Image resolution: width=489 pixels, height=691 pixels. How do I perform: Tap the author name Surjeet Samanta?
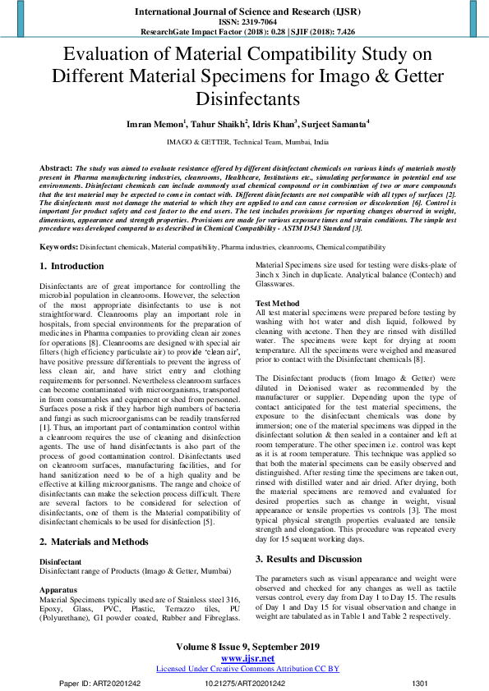(x=334, y=124)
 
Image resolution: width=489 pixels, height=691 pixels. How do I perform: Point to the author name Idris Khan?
(x=273, y=124)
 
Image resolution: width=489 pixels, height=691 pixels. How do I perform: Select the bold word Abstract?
(x=55, y=167)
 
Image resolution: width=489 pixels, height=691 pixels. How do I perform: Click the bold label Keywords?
(x=58, y=246)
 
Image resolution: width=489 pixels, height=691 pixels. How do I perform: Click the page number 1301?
(x=419, y=682)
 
